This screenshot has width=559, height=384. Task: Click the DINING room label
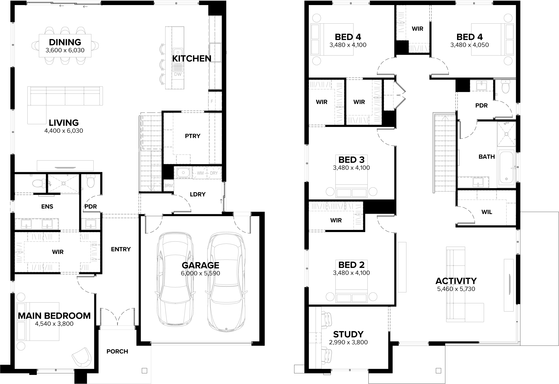pyautogui.click(x=65, y=42)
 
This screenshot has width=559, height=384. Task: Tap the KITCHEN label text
pyautogui.click(x=192, y=59)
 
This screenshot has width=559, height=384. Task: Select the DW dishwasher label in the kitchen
pyautogui.click(x=178, y=74)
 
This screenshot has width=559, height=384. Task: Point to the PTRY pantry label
pyautogui.click(x=192, y=136)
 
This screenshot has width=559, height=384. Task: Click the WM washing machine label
pyautogui.click(x=200, y=173)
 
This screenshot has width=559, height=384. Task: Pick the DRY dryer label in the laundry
pyautogui.click(x=214, y=173)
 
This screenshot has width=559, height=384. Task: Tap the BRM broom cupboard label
pyautogui.click(x=168, y=186)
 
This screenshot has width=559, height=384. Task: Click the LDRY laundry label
pyautogui.click(x=198, y=194)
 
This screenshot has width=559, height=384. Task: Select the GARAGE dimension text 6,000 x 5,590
pyautogui.click(x=200, y=273)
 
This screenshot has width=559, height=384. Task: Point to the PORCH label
pyautogui.click(x=117, y=352)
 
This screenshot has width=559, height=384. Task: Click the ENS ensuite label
pyautogui.click(x=47, y=207)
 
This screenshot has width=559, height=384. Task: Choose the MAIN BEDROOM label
pyautogui.click(x=54, y=316)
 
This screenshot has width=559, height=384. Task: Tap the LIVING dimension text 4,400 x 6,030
pyautogui.click(x=64, y=131)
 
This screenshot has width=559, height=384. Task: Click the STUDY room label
pyautogui.click(x=348, y=334)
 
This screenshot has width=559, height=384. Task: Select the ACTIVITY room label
pyautogui.click(x=456, y=281)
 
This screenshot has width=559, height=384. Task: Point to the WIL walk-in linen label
pyautogui.click(x=487, y=212)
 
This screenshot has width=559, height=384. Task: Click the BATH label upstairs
pyautogui.click(x=487, y=157)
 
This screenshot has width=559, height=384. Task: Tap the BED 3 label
pyautogui.click(x=351, y=160)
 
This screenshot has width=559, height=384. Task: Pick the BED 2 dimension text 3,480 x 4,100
pyautogui.click(x=351, y=273)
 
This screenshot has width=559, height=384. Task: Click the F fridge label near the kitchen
pyautogui.click(x=212, y=101)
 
